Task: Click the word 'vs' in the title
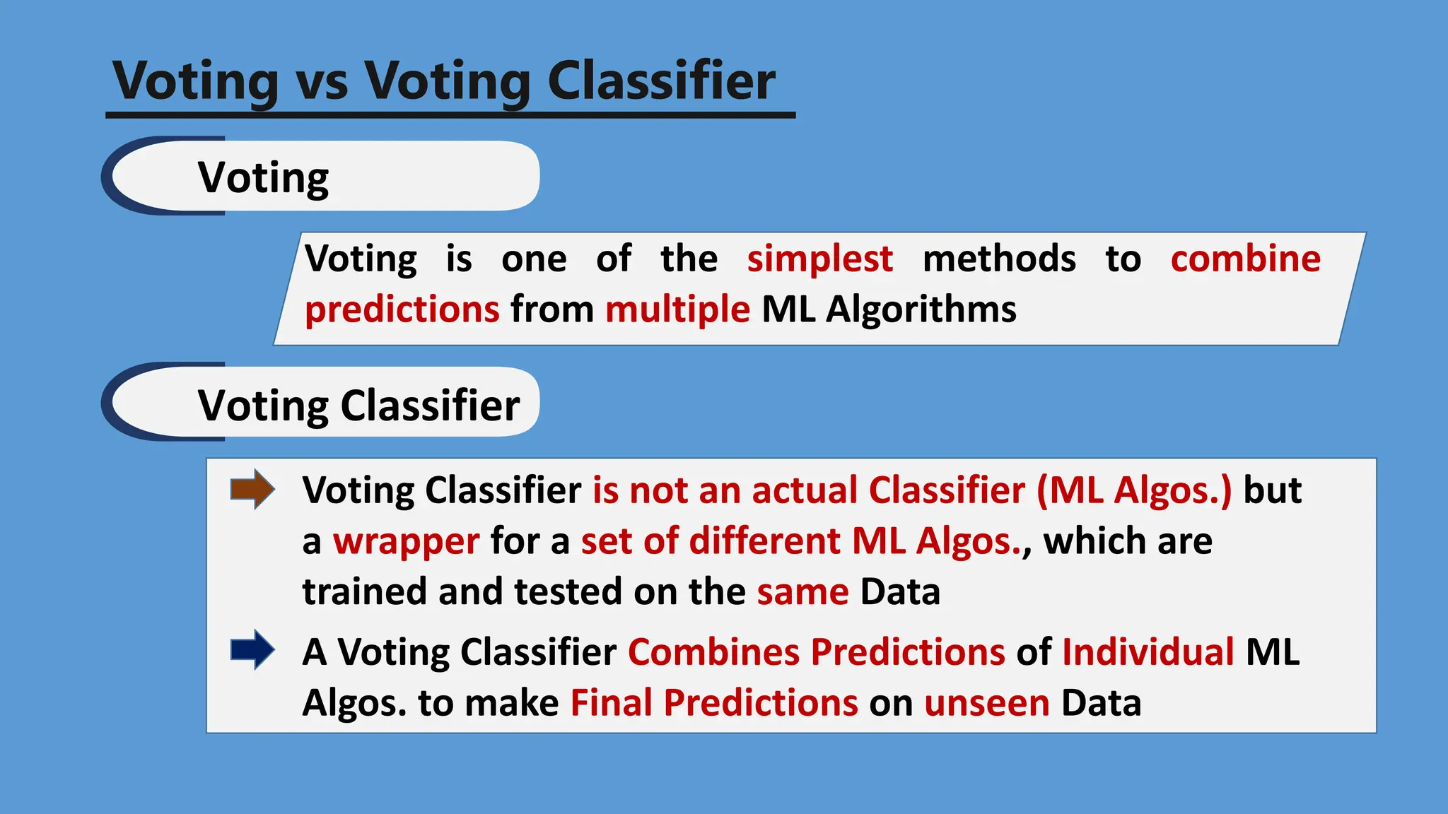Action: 322,82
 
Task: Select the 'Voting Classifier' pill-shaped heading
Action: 358,406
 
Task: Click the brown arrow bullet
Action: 252,489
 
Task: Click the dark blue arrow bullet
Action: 252,649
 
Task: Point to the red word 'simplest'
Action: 819,259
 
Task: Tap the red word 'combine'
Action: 1245,259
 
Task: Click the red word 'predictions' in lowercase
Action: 402,310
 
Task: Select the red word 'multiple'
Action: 677,309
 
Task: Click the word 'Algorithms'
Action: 921,309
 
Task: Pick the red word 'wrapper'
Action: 406,542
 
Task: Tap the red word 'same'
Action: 802,592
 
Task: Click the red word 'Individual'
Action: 1148,651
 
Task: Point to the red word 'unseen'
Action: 987,703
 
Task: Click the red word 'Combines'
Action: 713,651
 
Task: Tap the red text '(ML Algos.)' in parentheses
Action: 1134,490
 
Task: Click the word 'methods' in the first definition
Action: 999,259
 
